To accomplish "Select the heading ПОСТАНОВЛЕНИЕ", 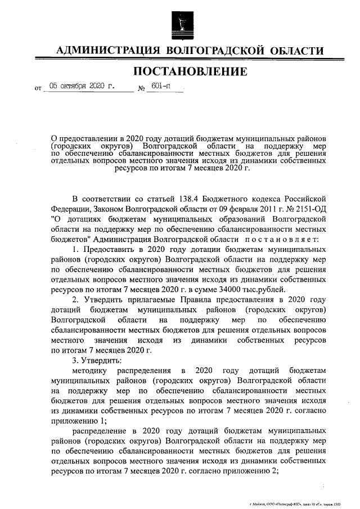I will [x=190, y=71].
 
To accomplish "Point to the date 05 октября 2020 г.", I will [x=81, y=87].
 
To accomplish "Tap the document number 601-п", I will [x=159, y=87].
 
